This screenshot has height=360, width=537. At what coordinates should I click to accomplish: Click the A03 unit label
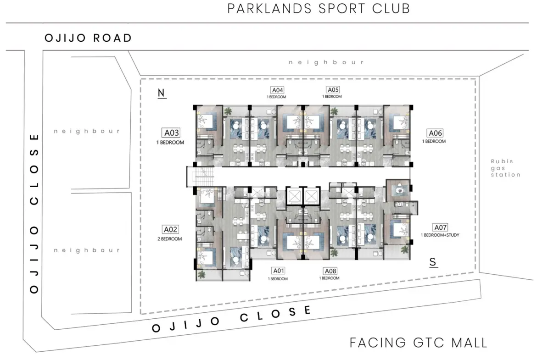171,133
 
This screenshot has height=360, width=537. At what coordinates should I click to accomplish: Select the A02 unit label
171,230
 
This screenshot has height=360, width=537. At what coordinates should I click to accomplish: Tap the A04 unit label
277,90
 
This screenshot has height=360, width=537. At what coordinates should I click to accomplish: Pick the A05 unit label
333,90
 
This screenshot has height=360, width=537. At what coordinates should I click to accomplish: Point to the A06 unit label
435,133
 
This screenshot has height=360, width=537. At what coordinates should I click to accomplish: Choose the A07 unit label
441,227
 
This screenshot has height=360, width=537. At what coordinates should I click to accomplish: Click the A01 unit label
279,271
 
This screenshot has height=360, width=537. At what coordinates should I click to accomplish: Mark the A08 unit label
330,271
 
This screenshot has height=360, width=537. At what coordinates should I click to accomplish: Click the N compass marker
161,93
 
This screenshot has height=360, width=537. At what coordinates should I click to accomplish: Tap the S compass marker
433,262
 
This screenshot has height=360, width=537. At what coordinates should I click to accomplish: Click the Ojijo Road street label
89,38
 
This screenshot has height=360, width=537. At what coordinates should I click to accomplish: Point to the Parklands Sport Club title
319,9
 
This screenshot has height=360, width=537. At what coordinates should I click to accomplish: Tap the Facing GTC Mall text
418,343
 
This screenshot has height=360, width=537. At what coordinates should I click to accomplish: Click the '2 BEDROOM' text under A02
169,239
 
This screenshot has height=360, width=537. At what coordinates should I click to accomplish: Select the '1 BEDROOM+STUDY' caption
440,235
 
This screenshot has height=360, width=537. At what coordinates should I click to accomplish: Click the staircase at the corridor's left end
200,177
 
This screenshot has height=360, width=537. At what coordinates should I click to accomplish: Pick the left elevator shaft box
294,196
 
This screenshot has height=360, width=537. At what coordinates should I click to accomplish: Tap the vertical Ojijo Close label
34,214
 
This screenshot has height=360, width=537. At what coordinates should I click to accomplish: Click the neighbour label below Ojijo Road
326,62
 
